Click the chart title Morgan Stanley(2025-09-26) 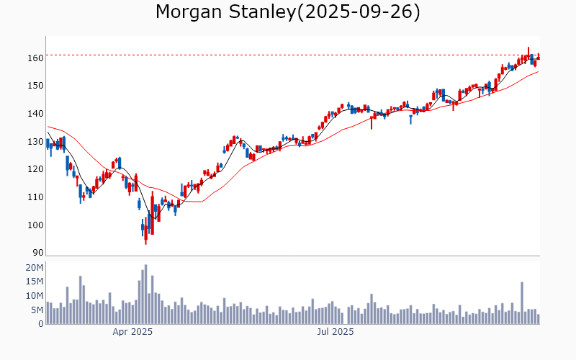tap(288, 12)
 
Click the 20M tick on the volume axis tap(35, 268)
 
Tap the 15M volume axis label tap(35, 282)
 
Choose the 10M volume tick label tap(35, 296)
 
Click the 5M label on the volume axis tap(37, 310)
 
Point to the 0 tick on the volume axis tap(40, 324)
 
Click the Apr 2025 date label tap(132, 332)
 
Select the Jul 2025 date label tap(336, 332)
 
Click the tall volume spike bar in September tap(522, 302)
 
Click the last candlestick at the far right tap(538, 58)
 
